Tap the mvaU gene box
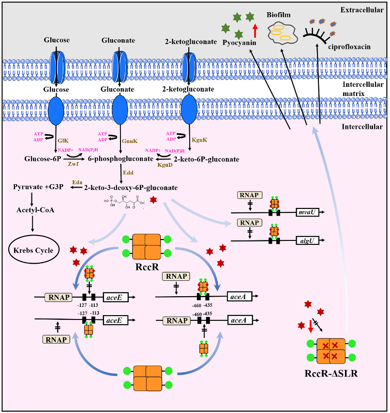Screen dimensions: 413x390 pyautogui.click(x=307, y=212)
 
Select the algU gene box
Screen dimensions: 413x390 pyautogui.click(x=307, y=239)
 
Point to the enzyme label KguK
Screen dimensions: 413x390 pyautogui.click(x=200, y=140)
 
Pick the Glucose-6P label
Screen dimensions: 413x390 pyautogui.click(x=42, y=158)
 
